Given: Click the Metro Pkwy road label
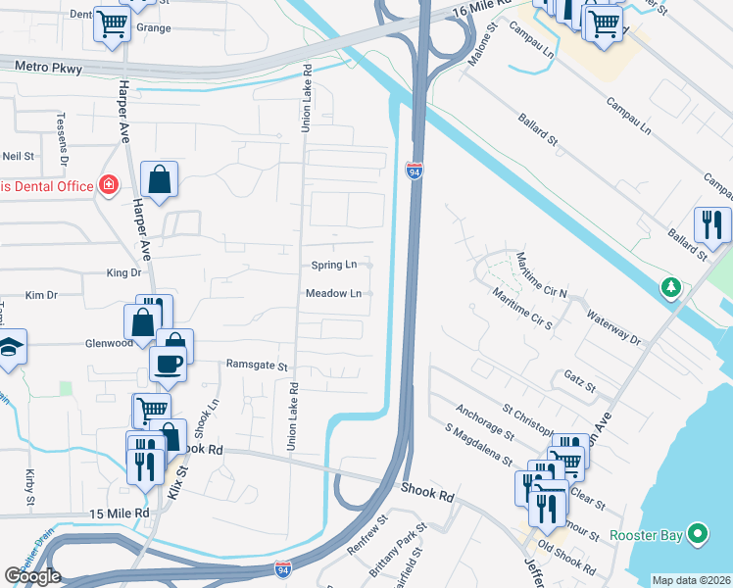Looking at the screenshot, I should coord(49,67).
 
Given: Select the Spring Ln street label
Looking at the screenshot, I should coord(334,265).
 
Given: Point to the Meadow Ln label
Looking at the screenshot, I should coord(333,293).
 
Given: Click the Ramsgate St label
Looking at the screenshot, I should coord(257,365).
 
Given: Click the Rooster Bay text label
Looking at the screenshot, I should coord(646,535).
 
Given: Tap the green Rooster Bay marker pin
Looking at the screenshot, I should coord(698,534).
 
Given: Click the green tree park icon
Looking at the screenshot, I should coord(670,287).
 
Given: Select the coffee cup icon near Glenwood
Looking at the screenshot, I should coord(168,363).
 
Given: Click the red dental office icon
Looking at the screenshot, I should coord(108,185).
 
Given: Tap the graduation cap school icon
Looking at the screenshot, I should coord(9,347).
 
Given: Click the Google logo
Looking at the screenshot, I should coord(32,576).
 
